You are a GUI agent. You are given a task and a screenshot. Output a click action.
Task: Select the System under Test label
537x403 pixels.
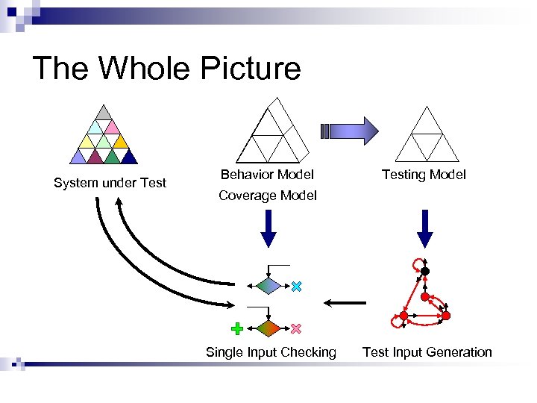tap(110, 183)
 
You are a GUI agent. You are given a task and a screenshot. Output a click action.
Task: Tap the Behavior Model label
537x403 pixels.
tap(267, 174)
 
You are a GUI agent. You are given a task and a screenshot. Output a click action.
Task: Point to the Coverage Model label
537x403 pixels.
tap(267, 196)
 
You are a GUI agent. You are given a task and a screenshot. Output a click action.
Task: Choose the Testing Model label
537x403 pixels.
tap(424, 174)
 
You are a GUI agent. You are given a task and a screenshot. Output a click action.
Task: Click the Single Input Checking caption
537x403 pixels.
tap(271, 352)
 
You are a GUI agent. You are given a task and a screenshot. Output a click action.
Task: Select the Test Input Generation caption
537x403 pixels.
tap(427, 352)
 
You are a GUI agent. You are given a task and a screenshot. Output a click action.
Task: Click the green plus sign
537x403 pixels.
tap(237, 328)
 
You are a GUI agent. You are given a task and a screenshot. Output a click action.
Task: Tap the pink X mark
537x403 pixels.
tap(296, 328)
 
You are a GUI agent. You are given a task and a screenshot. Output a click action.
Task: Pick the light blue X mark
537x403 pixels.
tap(296, 286)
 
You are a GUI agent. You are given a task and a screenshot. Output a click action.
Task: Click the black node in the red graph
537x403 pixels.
tap(425, 271)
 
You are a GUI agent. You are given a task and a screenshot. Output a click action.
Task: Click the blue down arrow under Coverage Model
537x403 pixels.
tap(268, 228)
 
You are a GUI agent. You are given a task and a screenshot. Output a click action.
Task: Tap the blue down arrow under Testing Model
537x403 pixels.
tap(424, 228)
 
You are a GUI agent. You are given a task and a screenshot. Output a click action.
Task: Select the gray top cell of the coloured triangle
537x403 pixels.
tap(104, 113)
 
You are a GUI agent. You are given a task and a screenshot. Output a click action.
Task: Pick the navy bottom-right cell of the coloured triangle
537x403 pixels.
tap(129, 157)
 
